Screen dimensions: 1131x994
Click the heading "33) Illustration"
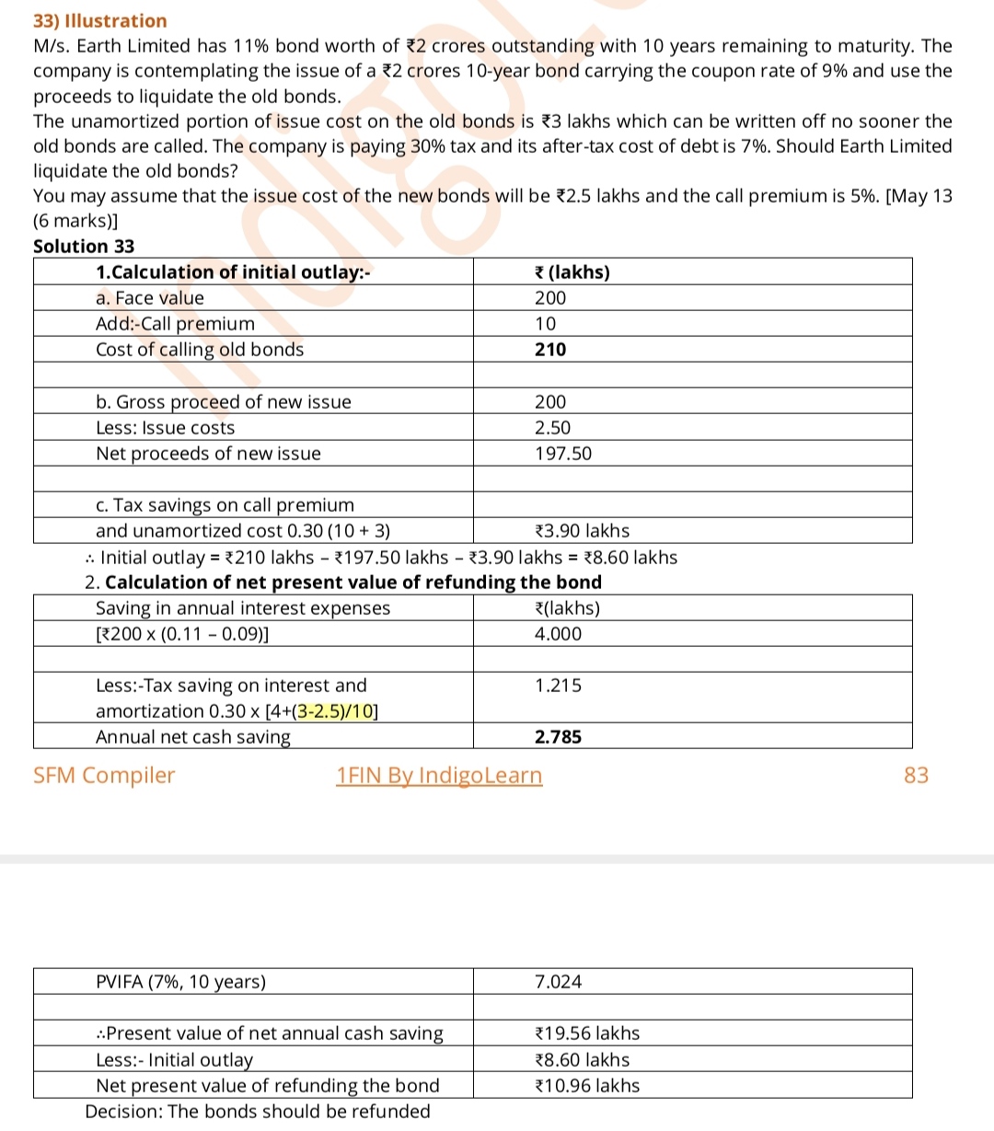[100, 21]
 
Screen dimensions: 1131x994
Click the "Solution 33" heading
[84, 247]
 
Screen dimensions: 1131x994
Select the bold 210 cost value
[550, 350]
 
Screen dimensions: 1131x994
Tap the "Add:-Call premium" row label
[175, 324]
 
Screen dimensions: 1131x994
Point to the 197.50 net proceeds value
[563, 454]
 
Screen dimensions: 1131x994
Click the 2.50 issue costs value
[552, 428]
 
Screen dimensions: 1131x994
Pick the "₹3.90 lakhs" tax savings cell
[582, 531]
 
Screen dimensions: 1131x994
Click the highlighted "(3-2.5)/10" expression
[333, 711]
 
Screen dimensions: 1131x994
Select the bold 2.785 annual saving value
[558, 737]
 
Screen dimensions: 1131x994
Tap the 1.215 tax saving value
[558, 686]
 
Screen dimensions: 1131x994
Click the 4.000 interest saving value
[558, 634]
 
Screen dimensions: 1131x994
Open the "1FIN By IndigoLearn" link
[439, 776]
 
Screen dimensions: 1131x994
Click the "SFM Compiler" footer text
[104, 776]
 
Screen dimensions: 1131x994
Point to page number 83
[917, 776]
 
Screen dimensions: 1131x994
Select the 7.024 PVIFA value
[558, 982]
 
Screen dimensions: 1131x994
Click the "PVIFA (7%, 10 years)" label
[180, 982]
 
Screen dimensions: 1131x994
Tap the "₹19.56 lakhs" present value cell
[586, 1033]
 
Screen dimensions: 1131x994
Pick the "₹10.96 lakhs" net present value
[586, 1086]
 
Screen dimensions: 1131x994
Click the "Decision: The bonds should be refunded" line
[258, 1112]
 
